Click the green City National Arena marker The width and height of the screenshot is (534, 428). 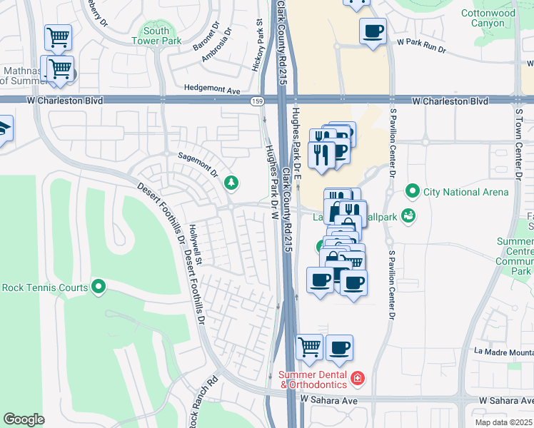[412, 191]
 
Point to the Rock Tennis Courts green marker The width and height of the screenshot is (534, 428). [99, 287]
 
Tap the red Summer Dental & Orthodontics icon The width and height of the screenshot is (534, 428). [358, 377]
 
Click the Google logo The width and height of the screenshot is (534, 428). [24, 419]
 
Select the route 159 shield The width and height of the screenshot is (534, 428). [256, 101]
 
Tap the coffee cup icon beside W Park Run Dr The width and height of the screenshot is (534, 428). [373, 31]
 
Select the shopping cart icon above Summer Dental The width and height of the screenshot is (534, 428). [309, 347]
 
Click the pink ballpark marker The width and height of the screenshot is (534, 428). [408, 215]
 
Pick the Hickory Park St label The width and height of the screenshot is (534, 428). [258, 48]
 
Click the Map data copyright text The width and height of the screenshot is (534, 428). [504, 422]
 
